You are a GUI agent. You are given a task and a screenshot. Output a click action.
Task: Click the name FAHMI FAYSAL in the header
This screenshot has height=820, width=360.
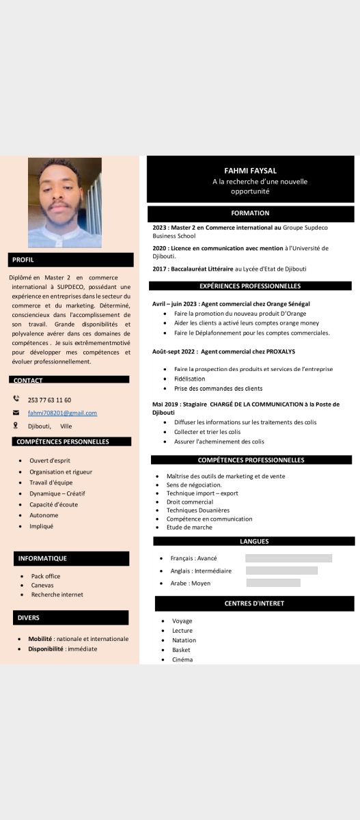click(x=250, y=170)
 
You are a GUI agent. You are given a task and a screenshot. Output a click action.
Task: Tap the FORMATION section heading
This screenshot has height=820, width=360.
click(x=250, y=213)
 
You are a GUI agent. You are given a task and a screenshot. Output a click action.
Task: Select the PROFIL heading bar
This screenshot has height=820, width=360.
click(x=71, y=260)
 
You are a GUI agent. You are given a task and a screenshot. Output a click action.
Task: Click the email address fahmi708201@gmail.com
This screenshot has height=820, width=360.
click(x=62, y=413)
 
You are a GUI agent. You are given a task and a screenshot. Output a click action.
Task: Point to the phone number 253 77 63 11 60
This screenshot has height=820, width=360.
click(x=49, y=400)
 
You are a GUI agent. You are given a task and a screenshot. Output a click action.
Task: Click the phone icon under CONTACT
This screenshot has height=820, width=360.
click(x=16, y=399)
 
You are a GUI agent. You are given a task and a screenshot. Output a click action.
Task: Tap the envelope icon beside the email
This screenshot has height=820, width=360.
click(x=16, y=413)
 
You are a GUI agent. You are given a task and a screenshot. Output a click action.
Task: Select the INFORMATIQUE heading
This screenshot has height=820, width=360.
click(x=71, y=558)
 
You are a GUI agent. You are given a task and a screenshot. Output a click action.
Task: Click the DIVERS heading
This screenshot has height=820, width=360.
click(x=71, y=618)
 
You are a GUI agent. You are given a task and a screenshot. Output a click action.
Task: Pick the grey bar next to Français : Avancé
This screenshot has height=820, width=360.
click(x=288, y=558)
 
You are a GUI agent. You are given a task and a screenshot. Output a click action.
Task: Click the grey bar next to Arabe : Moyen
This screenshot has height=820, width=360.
click(x=273, y=583)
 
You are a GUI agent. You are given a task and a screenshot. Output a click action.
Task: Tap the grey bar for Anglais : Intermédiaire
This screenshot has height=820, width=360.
click(x=281, y=571)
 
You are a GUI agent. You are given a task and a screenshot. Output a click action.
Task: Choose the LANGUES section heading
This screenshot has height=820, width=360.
click(x=254, y=541)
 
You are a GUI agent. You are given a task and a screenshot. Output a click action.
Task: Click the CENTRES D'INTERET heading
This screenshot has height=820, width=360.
click(x=254, y=603)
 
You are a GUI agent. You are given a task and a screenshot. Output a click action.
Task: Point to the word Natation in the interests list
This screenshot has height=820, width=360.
click(x=184, y=640)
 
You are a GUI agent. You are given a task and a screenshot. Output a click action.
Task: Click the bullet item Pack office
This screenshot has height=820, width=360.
click(x=46, y=576)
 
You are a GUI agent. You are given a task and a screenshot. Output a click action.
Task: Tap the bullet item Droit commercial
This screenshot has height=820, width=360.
click(x=189, y=502)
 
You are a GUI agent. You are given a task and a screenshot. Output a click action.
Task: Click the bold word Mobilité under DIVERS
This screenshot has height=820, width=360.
click(x=40, y=639)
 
